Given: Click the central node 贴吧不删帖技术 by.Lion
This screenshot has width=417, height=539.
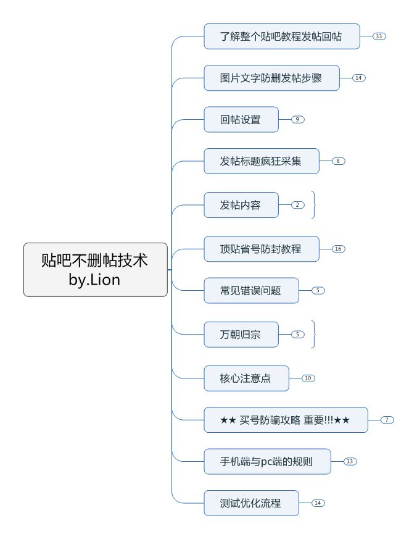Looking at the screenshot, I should click(x=96, y=270).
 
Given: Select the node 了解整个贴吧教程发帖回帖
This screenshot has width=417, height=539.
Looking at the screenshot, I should click(x=281, y=36).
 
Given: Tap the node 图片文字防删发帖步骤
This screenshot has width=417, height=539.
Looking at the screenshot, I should click(x=271, y=78).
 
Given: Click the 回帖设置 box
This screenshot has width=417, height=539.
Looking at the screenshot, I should click(x=241, y=119).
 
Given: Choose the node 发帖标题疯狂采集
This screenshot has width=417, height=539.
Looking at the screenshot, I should click(x=261, y=161).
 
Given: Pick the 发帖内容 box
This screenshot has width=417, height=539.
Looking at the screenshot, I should click(x=241, y=204).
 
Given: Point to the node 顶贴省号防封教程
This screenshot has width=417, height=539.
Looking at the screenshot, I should click(x=261, y=249).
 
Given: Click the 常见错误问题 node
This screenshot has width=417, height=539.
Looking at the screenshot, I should click(x=251, y=290).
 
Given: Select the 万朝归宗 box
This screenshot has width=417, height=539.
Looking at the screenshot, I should click(x=241, y=334).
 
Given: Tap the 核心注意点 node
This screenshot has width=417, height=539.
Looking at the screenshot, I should click(x=246, y=378).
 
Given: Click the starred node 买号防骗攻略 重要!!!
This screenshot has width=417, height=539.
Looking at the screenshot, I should click(x=285, y=420).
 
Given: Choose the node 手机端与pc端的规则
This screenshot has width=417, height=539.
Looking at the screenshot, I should click(x=266, y=461).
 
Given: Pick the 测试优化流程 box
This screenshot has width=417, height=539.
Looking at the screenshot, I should click(x=251, y=503).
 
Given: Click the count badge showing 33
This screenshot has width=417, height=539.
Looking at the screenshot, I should click(x=379, y=36).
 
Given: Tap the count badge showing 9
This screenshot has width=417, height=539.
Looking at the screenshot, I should click(x=298, y=119).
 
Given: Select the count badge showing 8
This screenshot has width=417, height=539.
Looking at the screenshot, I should click(x=339, y=161).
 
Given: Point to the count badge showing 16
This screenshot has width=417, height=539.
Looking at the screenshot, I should click(x=339, y=249).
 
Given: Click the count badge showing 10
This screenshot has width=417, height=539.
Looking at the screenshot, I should click(x=308, y=378).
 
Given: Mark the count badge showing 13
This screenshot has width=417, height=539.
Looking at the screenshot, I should click(x=350, y=461).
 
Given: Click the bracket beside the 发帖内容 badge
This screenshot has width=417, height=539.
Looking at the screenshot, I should click(x=313, y=204).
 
